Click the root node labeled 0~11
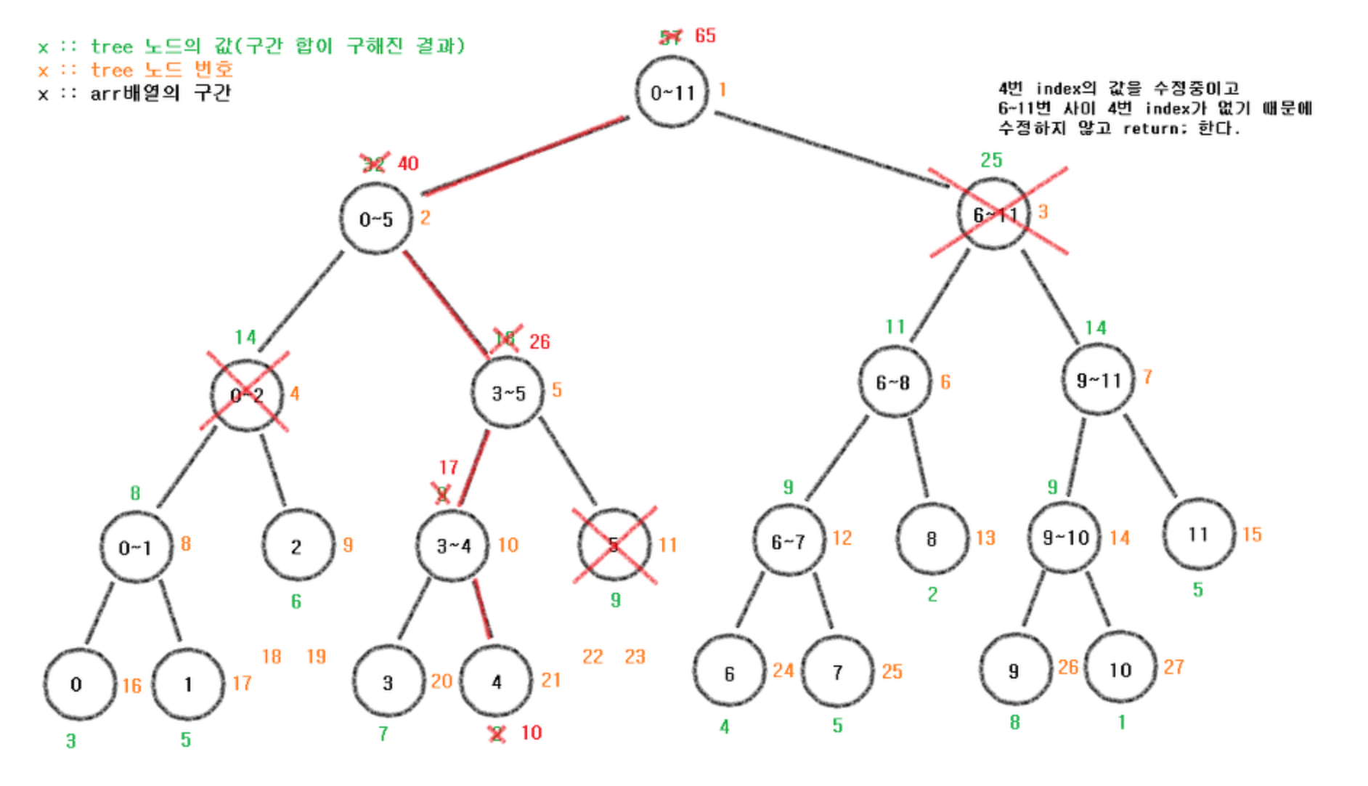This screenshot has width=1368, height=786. pyautogui.click(x=672, y=92)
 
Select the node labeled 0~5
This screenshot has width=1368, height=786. pyautogui.click(x=375, y=219)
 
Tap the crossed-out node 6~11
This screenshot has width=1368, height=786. pyautogui.click(x=993, y=214)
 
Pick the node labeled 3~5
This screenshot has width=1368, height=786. pyautogui.click(x=508, y=393)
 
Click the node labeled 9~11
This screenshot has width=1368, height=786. pyautogui.click(x=1098, y=380)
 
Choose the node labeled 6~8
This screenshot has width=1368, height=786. pyautogui.click(x=892, y=382)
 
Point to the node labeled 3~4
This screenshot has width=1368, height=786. pyautogui.click(x=453, y=546)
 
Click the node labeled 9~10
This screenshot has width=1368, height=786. pyautogui.click(x=1064, y=538)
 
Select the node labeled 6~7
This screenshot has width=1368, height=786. pyautogui.click(x=788, y=541)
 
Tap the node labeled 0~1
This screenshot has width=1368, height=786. pyautogui.click(x=136, y=547)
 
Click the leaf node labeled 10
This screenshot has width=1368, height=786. pyautogui.click(x=1120, y=669)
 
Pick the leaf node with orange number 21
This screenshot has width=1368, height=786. pyautogui.click(x=497, y=681)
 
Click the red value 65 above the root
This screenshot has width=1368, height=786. pyautogui.click(x=705, y=36)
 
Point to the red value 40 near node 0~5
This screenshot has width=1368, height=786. pyautogui.click(x=408, y=163)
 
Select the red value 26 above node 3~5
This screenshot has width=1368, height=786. pyautogui.click(x=540, y=341)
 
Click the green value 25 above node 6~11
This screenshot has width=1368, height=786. pyautogui.click(x=991, y=160)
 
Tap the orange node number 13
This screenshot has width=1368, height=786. pyautogui.click(x=985, y=538)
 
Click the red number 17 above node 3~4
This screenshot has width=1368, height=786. pyautogui.click(x=449, y=467)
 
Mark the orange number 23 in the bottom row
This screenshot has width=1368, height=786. pyautogui.click(x=635, y=657)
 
